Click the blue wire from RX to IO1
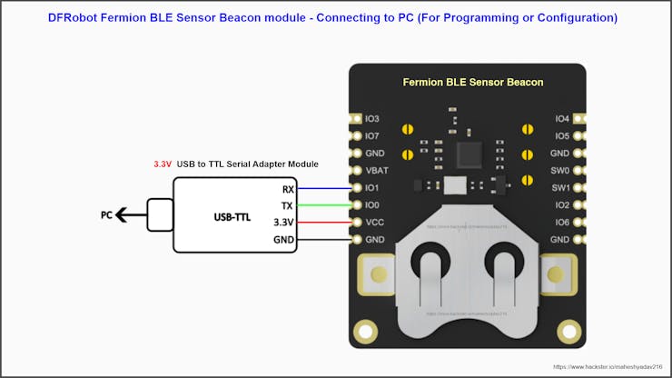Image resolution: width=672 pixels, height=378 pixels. click(x=325, y=188)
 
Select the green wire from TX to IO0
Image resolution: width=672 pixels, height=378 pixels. click(x=325, y=205)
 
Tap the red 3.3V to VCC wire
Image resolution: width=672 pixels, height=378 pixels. click(x=325, y=222)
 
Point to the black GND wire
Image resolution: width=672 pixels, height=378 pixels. click(x=325, y=239)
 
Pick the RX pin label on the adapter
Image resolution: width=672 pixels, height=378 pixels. click(x=288, y=189)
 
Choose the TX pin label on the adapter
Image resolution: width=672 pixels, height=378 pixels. click(x=288, y=206)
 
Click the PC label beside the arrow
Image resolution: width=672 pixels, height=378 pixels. click(x=106, y=215)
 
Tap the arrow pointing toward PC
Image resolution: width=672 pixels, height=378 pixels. click(x=132, y=215)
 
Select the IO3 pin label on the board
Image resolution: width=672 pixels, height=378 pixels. click(x=372, y=119)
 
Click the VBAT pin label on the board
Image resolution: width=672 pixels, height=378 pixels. click(x=376, y=171)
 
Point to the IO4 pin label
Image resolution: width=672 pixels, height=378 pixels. click(x=562, y=119)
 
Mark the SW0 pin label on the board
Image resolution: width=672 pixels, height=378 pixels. click(x=560, y=171)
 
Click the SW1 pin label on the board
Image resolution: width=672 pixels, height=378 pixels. click(x=560, y=188)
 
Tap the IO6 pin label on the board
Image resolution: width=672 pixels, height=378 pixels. click(x=562, y=223)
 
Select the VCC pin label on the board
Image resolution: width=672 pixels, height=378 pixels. click(x=374, y=223)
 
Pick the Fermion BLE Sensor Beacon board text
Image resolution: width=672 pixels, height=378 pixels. click(x=473, y=83)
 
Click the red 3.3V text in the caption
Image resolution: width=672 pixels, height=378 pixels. click(x=163, y=164)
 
